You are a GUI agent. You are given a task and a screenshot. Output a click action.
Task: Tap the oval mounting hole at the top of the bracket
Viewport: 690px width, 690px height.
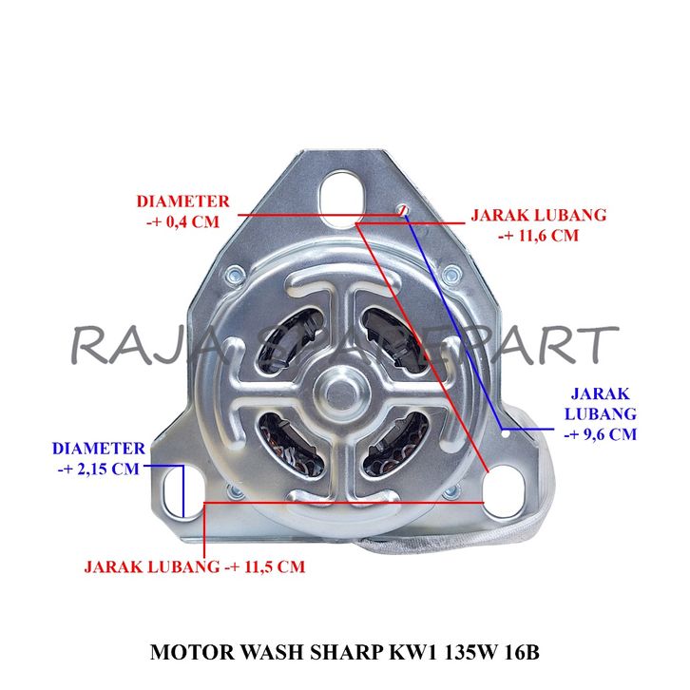coord(339,195)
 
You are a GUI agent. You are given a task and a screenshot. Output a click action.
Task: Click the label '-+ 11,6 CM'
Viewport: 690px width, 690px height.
coord(538,237)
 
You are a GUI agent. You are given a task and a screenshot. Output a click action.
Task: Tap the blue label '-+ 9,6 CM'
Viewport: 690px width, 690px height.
coord(599,434)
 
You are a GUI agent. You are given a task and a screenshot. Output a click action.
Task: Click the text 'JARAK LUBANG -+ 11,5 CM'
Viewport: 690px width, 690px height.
coord(195,566)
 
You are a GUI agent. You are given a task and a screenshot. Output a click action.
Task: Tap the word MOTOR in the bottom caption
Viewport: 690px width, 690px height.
coord(183,655)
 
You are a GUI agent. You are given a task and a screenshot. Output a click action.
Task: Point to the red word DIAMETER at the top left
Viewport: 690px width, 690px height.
coord(182,201)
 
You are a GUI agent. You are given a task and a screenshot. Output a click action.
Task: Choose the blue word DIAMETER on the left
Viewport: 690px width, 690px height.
coord(99,448)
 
